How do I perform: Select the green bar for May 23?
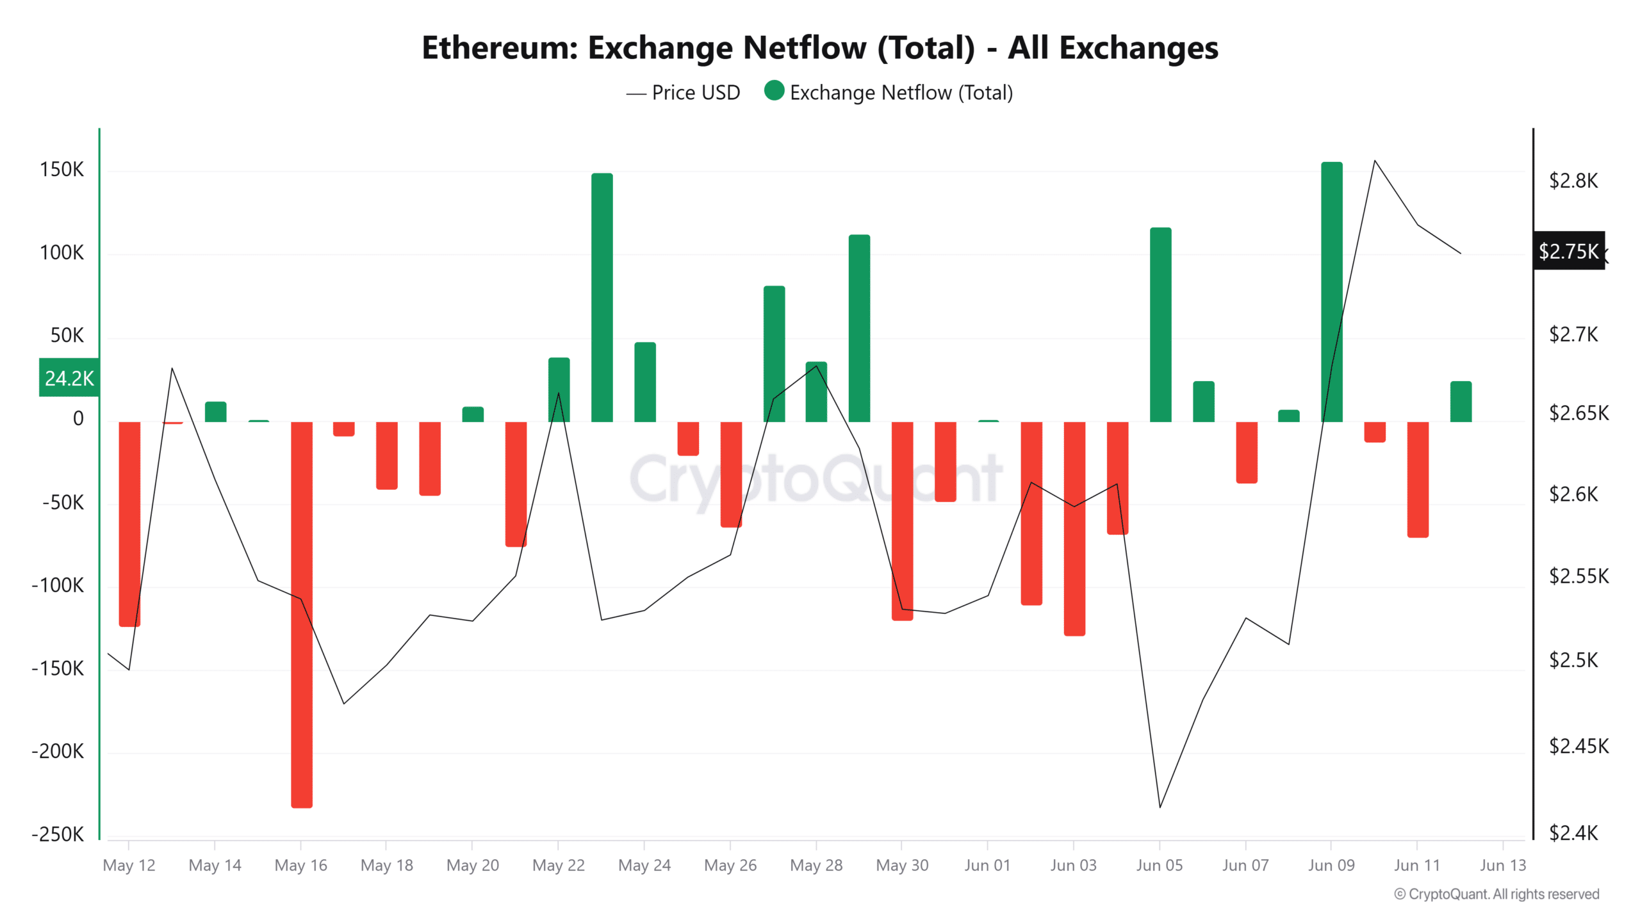602,297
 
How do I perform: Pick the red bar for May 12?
129,523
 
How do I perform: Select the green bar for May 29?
859,328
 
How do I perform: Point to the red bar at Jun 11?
1417,479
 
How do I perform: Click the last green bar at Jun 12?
1461,401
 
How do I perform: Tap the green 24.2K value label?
69,378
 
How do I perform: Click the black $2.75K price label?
1568,251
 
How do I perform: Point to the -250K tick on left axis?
58,834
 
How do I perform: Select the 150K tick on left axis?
61,170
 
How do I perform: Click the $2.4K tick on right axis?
1573,832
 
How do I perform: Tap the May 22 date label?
558,865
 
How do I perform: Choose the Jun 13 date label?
1502,865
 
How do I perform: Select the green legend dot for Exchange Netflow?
774,91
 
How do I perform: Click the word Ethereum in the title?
500,48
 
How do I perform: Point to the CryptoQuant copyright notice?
1496,894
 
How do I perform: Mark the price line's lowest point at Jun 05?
1160,807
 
